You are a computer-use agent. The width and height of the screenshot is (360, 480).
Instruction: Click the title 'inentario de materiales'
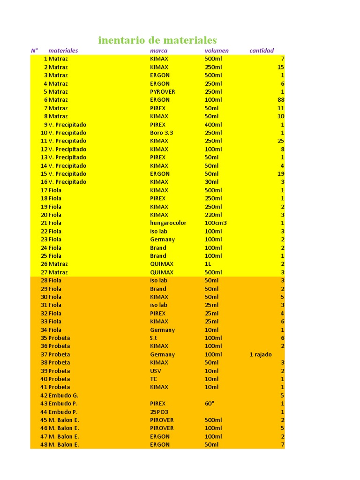[x=157, y=40]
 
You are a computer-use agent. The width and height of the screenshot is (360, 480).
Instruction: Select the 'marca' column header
[x=158, y=51]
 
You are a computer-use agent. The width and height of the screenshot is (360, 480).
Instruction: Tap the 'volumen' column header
[x=217, y=51]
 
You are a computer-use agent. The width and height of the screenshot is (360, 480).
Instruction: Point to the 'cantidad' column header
[x=262, y=51]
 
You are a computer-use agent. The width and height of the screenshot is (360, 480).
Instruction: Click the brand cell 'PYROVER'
[x=162, y=92]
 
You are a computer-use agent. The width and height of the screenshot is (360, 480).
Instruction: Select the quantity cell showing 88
[x=281, y=100]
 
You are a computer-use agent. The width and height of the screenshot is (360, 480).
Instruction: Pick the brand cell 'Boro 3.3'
[x=161, y=133]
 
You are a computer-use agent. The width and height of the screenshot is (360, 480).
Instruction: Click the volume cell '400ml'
[x=213, y=125]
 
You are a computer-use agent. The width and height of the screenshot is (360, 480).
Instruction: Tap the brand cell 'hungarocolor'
[x=168, y=223]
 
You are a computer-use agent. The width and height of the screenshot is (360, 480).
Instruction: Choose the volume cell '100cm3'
[x=216, y=223]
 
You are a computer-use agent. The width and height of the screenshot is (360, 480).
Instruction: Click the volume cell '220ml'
[x=213, y=215]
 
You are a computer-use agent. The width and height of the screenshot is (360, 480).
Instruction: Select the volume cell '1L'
[x=208, y=264]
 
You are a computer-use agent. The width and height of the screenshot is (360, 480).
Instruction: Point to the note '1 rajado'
[x=261, y=354]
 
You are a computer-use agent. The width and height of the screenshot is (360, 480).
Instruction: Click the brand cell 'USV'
[x=156, y=371]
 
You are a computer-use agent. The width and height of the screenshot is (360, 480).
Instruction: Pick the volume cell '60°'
[x=209, y=403]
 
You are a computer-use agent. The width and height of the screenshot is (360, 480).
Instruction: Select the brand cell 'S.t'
[x=154, y=338]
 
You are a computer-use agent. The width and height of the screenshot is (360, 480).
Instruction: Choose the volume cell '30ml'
[x=211, y=182]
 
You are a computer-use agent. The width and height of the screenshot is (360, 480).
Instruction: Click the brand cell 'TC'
[x=154, y=379]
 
